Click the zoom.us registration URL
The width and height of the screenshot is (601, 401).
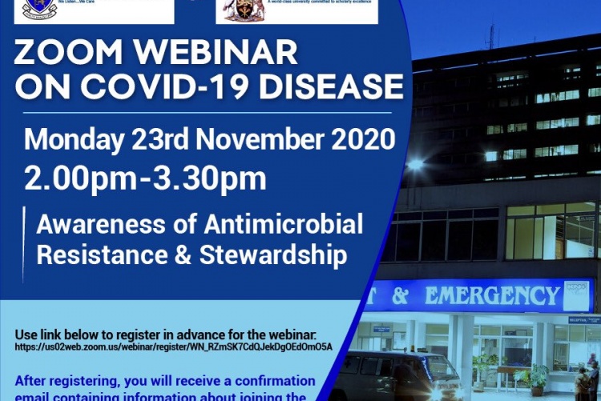tap(173, 347)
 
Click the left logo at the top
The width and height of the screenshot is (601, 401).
tap(40, 10)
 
